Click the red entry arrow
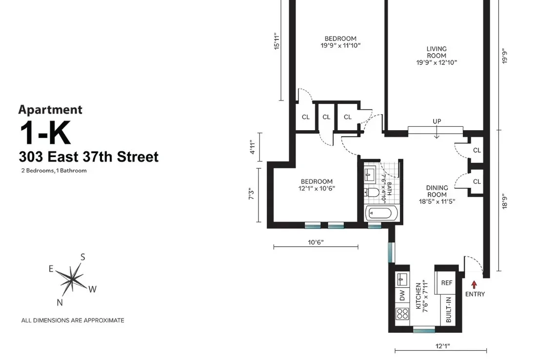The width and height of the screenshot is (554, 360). pos(474,284)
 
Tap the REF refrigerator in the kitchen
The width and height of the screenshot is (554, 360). pos(447,282)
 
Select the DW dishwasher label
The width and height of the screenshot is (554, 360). pos(402,295)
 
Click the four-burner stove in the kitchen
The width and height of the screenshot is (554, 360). pos(402,313)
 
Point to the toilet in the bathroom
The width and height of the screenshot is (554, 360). pos(371,193)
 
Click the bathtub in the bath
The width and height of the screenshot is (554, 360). pos(381,213)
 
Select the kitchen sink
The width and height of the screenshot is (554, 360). pos(402,279)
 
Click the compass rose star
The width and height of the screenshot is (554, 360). pos(72,279)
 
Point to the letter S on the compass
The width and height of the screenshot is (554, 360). pos(83,257)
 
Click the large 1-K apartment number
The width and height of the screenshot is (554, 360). pos(45,133)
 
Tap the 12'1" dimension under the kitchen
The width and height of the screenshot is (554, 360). pos(443,346)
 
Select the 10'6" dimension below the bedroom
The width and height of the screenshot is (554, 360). pos(316,242)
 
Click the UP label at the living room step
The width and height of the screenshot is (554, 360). pos(436,121)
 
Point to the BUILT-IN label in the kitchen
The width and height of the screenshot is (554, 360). pos(448,309)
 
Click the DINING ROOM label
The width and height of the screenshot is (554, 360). pos(436,191)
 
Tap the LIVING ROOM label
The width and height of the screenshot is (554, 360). pos(436,52)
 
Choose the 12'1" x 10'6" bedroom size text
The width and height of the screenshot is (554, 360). pos(317,189)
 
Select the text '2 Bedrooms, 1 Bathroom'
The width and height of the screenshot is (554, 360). pos(54,170)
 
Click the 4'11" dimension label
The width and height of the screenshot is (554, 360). pos(252,147)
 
